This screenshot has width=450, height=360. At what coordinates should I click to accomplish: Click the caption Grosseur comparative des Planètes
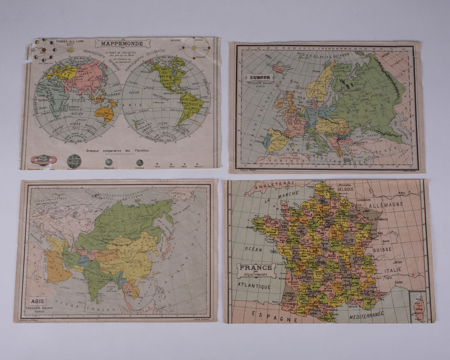(118, 150)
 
